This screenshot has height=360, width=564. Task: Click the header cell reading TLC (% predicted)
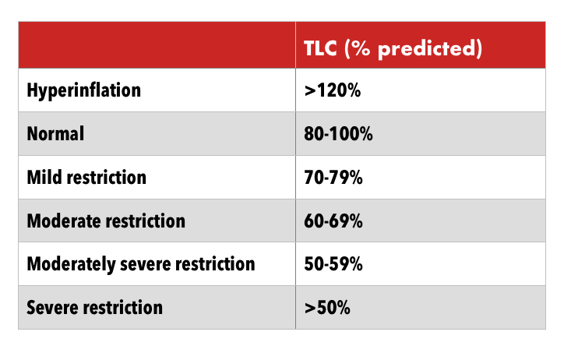coord(393,48)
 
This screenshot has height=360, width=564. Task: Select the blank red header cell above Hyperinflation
coord(156,45)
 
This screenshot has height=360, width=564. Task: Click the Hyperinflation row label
coord(84,90)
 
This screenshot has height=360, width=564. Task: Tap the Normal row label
coord(55,134)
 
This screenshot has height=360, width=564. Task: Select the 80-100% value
coord(339,134)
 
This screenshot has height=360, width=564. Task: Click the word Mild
coord(44,177)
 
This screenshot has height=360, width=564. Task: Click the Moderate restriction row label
coord(106,221)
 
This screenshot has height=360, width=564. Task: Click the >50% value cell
coord(327,307)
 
